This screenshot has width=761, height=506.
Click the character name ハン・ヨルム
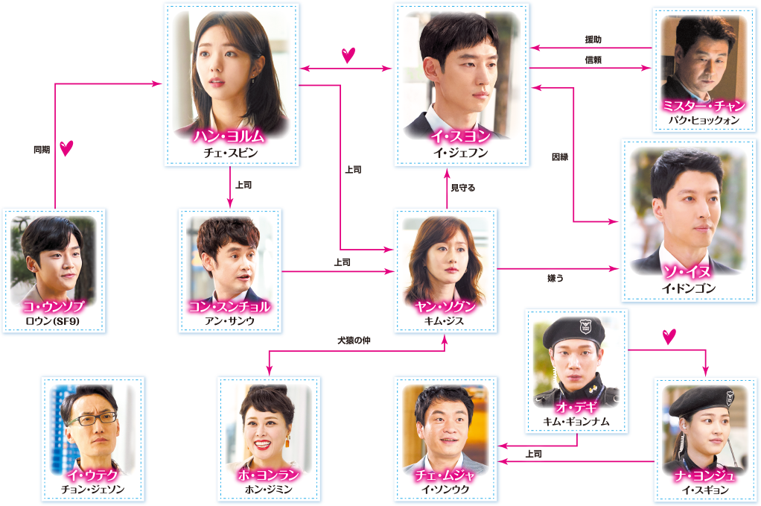tap(230, 136)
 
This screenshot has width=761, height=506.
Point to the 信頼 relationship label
tap(593, 59)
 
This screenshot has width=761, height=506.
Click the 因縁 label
tap(560, 157)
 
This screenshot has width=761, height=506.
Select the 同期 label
tap(41, 148)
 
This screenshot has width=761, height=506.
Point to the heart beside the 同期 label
tap(67, 148)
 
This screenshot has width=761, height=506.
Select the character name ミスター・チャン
tap(704, 107)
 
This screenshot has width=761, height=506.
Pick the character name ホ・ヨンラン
tap(269, 475)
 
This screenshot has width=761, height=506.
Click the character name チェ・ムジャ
tap(445, 475)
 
